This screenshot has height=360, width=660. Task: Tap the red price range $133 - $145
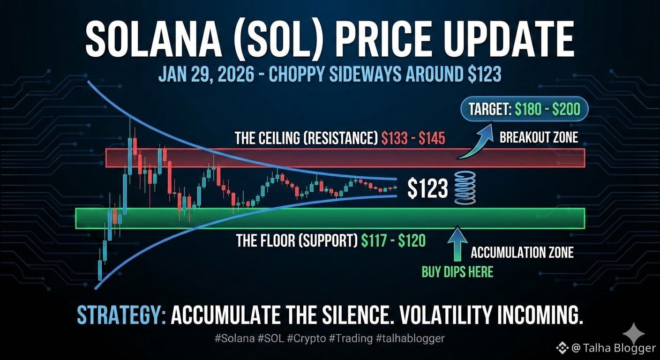(x=413, y=139)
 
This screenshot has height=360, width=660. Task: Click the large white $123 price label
(x=427, y=188)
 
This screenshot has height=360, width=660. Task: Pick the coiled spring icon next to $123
(x=465, y=188)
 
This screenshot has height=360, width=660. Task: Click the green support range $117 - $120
(x=394, y=241)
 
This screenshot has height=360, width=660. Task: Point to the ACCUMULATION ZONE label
(x=522, y=253)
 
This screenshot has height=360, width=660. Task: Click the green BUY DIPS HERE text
(x=457, y=272)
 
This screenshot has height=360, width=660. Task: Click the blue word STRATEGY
(x=121, y=315)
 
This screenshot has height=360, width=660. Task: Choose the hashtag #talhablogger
(x=410, y=338)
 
